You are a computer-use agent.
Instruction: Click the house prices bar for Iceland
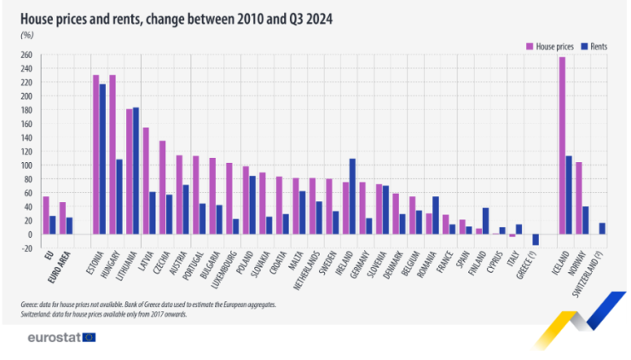point(562,145)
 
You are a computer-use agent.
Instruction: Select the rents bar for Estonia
point(103,159)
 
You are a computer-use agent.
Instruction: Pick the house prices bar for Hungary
point(113,154)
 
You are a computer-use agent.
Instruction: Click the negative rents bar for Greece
point(535,240)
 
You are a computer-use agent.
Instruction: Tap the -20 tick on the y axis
point(26,248)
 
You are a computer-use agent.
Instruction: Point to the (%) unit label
point(26,35)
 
